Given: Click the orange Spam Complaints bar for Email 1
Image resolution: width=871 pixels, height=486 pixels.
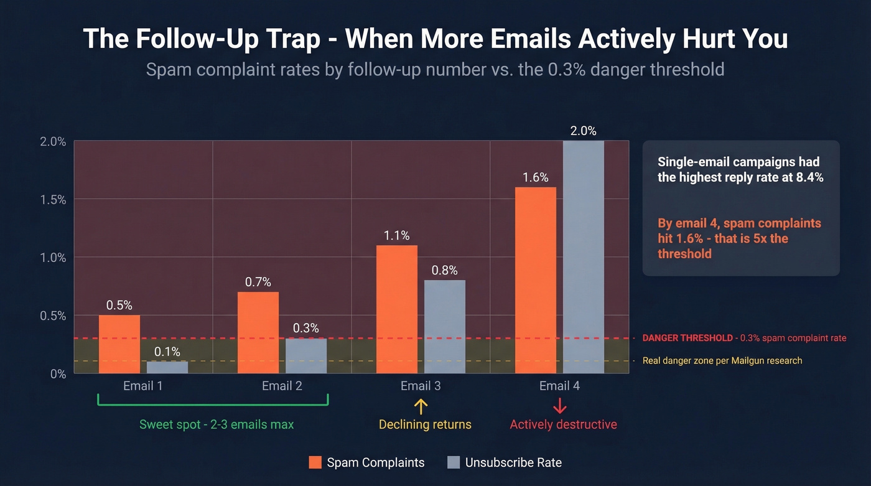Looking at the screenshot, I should coord(119,344).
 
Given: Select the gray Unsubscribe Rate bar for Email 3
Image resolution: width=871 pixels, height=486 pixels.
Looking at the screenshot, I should coord(445,327).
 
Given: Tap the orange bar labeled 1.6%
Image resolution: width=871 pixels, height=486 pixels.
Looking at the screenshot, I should coord(536,280).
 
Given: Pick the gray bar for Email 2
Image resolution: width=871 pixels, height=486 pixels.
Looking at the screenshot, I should coord(306,355).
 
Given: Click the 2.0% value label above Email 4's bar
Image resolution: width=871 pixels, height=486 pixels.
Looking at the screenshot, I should coord(584,131).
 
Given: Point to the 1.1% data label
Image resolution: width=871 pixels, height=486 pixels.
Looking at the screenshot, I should coord(397,236).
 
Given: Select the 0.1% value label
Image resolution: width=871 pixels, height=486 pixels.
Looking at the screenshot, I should coord(167,352).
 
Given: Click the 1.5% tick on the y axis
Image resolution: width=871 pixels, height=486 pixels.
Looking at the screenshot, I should coord(53,200).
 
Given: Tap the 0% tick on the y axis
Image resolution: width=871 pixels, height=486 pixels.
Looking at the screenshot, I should coord(57,373).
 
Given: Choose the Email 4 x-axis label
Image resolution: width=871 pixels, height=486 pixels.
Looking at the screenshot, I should coord(559,386).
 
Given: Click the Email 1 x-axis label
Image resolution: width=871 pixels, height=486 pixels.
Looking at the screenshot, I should coord(143,386).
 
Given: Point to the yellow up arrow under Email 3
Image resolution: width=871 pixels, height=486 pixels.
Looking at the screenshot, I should coord(421,407).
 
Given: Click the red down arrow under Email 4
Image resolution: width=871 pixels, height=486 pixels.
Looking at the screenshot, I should coord(559,407).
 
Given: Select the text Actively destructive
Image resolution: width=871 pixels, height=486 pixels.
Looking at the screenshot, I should coord(563,424).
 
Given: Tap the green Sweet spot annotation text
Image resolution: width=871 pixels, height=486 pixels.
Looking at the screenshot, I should coord(217,424).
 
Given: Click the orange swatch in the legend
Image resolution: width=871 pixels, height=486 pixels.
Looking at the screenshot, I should coord(315,463).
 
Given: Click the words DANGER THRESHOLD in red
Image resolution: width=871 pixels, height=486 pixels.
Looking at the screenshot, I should coord(687,338).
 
